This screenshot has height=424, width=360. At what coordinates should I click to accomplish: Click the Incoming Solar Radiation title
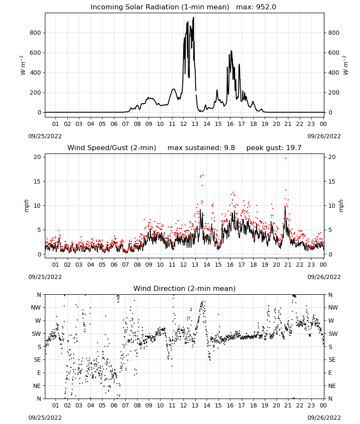(160, 7)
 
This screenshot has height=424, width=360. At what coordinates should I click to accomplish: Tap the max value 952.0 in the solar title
(266, 7)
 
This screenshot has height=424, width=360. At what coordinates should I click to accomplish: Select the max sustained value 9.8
(230, 148)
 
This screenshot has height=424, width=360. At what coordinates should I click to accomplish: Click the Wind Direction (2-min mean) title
(185, 288)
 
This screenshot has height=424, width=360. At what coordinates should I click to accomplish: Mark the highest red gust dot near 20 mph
(286, 159)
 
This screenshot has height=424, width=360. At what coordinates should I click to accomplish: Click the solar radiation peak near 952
(194, 18)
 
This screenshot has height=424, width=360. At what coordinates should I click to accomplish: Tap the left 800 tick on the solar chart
(36, 33)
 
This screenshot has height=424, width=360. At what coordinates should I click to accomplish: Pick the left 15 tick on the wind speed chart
(37, 181)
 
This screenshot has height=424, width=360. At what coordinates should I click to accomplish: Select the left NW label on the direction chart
(36, 308)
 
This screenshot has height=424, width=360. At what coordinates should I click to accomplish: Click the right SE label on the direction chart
(332, 360)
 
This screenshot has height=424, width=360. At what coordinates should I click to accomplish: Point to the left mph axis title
(26, 206)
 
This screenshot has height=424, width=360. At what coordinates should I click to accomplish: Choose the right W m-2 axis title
(346, 65)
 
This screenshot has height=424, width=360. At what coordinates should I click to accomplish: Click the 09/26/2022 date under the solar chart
(324, 136)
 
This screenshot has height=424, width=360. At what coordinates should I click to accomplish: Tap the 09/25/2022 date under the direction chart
(45, 418)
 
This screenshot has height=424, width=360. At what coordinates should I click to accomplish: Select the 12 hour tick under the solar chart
(183, 124)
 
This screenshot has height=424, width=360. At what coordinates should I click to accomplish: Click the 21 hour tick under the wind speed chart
(288, 265)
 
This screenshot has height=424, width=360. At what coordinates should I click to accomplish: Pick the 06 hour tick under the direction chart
(114, 405)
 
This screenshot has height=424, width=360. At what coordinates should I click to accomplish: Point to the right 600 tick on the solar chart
(334, 53)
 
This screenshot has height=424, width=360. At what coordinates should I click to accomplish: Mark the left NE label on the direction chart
(37, 386)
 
